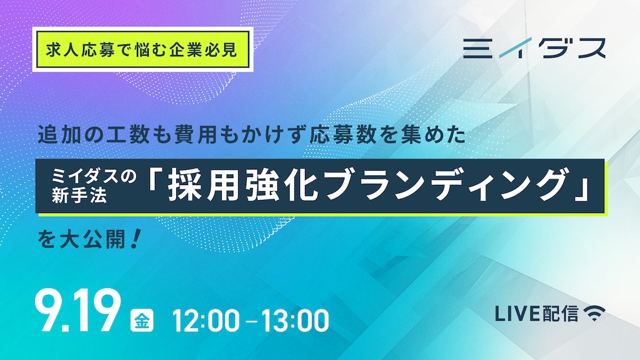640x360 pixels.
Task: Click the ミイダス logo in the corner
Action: click(534, 48)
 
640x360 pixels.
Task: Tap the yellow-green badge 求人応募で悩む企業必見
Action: click(142, 49)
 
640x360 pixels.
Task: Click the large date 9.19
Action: click(78, 311)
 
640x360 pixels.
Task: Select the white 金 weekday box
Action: click(142, 321)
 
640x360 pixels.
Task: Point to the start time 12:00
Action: click(206, 321)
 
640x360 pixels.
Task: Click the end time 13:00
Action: click(295, 321)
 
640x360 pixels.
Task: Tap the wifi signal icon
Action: click(594, 313)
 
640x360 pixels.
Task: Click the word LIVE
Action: click(517, 314)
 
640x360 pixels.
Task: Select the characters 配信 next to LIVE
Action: click(561, 314)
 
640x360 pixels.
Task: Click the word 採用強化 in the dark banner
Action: click(243, 186)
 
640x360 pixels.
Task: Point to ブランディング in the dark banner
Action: click(444, 186)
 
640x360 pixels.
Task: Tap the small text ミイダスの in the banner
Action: click(94, 177)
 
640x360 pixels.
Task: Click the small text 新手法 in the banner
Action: click(79, 195)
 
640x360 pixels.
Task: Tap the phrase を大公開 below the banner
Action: click(82, 239)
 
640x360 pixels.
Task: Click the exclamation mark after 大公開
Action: click(136, 239)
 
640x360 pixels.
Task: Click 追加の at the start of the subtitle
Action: click(71, 135)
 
